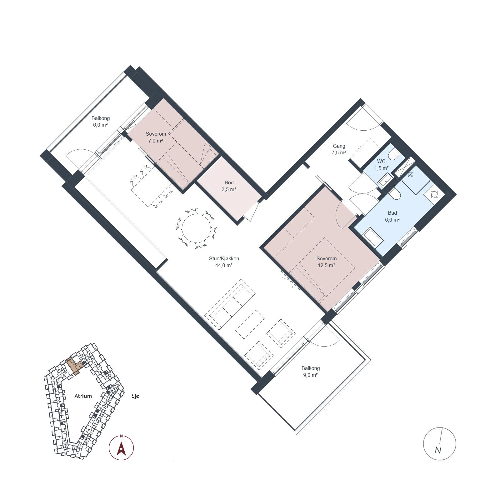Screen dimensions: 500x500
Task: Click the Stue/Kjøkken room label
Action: (224, 258)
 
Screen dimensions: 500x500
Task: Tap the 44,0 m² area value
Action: (224, 266)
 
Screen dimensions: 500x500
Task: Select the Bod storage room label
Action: (229, 182)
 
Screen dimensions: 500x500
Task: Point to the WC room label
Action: (381, 162)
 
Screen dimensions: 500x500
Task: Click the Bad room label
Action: (392, 213)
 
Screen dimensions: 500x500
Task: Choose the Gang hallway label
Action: (339, 146)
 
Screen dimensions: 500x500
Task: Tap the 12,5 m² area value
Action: (326, 266)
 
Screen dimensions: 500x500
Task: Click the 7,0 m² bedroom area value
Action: (156, 141)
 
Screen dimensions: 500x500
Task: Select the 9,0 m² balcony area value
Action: (310, 375)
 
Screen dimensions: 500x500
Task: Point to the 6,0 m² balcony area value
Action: (100, 125)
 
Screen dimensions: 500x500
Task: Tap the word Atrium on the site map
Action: (83, 396)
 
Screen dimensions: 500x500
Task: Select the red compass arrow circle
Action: (121, 448)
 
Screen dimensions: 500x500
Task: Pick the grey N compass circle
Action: (439, 443)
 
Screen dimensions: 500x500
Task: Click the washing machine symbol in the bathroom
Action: (434, 194)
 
